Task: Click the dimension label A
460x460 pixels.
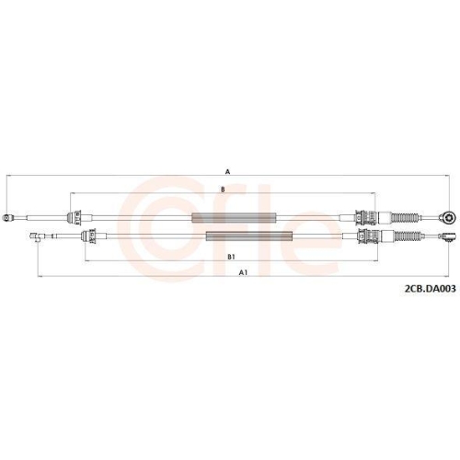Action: (226, 170)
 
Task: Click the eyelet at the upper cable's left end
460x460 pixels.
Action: (8, 218)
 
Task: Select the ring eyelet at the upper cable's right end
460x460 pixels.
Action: (448, 218)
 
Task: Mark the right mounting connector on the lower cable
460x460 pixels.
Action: (366, 238)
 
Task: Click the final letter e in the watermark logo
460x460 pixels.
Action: (308, 230)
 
